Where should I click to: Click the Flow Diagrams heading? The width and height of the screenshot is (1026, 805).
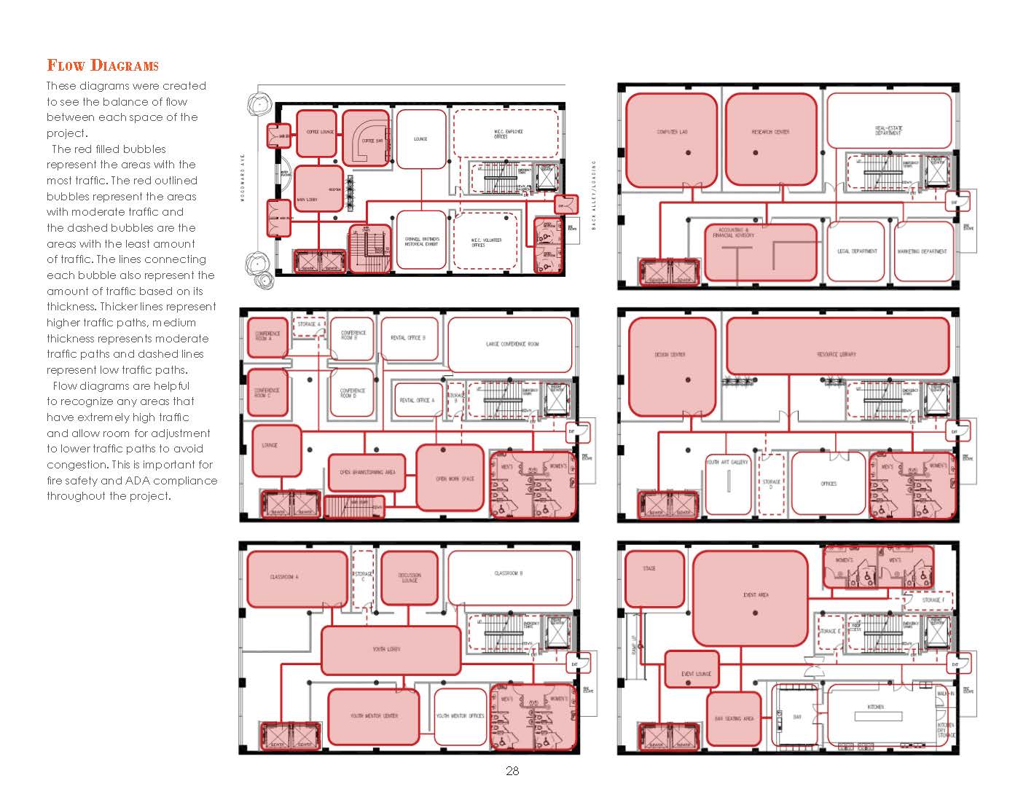point(103,66)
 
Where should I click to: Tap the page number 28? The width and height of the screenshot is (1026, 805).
point(512,771)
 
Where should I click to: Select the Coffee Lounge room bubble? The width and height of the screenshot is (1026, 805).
point(318,133)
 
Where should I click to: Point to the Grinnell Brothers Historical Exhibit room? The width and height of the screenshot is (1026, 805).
point(421,240)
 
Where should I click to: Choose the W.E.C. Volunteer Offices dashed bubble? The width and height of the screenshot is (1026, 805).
point(486,241)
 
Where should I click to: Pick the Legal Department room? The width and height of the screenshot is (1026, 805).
point(856,251)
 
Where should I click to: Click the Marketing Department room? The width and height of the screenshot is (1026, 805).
point(923,251)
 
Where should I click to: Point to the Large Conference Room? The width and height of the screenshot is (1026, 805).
point(510,345)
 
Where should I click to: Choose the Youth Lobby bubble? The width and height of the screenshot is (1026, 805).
point(391,649)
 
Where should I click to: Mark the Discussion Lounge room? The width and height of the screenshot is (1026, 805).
point(410,578)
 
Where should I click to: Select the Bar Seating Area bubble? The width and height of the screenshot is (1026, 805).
point(734,719)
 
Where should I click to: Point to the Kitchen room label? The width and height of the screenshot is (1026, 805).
point(875,707)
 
